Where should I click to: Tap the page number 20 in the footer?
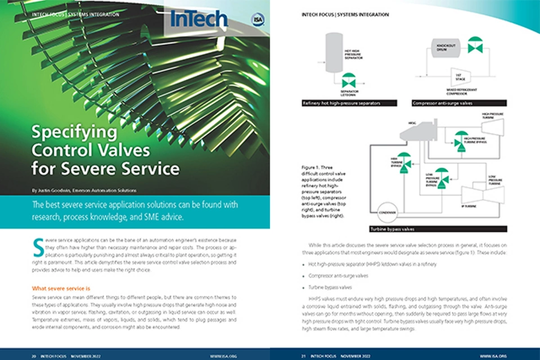tap(34, 355)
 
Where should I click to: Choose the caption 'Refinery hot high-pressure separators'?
tap(349, 103)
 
